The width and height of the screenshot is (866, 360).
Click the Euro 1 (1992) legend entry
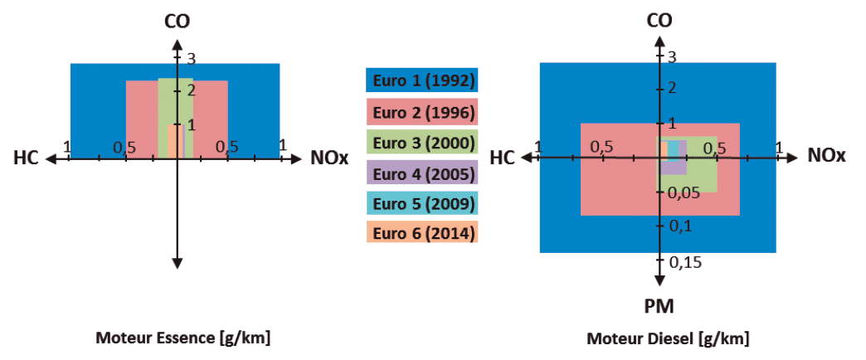tap(422, 80)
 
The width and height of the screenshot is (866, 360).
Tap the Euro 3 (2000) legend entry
tap(422, 142)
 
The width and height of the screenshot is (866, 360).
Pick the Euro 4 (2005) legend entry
tap(422, 173)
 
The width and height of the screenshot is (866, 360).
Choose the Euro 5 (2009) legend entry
tap(422, 202)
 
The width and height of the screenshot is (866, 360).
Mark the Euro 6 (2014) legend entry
tap(422, 232)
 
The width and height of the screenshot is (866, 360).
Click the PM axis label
tap(659, 306)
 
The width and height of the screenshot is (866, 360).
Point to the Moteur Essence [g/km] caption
tap(182, 338)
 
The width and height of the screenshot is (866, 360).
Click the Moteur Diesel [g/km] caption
tap(668, 338)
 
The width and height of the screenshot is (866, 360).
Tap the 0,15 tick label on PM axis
tap(685, 262)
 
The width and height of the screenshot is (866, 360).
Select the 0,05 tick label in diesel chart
tap(684, 192)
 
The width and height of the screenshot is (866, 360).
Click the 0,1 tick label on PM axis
tap(680, 226)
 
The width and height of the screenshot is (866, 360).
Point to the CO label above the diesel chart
tap(659, 21)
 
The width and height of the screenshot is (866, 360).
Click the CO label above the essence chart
tap(178, 21)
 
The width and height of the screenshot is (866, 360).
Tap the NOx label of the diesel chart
tap(827, 156)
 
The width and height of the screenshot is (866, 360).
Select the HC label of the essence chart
tap(26, 158)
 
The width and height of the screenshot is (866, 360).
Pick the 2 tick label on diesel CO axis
tap(672, 88)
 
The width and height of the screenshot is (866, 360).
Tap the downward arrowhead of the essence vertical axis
tap(178, 263)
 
